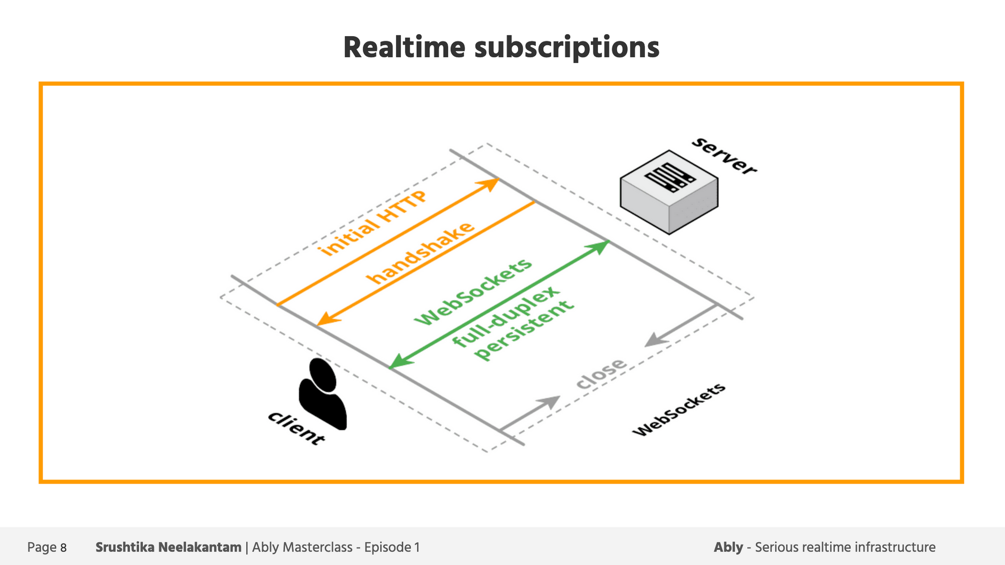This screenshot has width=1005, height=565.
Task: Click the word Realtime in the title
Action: tap(404, 48)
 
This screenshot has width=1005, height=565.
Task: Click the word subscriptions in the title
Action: tap(566, 49)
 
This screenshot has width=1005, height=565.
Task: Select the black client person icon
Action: tap(323, 394)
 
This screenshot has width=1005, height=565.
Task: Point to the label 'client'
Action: tap(296, 428)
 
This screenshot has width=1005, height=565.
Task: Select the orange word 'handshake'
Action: tap(420, 253)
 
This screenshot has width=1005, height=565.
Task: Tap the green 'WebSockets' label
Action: tap(472, 292)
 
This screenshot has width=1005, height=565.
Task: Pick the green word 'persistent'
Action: tap(524, 330)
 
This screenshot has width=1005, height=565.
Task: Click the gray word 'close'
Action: tap(601, 373)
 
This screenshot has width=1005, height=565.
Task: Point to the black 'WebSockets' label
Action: tap(679, 410)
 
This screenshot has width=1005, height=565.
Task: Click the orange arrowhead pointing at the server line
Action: tap(489, 183)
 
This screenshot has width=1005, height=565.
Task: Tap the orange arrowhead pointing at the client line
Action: tap(327, 319)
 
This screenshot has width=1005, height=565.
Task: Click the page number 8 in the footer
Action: tap(63, 548)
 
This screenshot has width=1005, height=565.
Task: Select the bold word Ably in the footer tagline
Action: tap(728, 547)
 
